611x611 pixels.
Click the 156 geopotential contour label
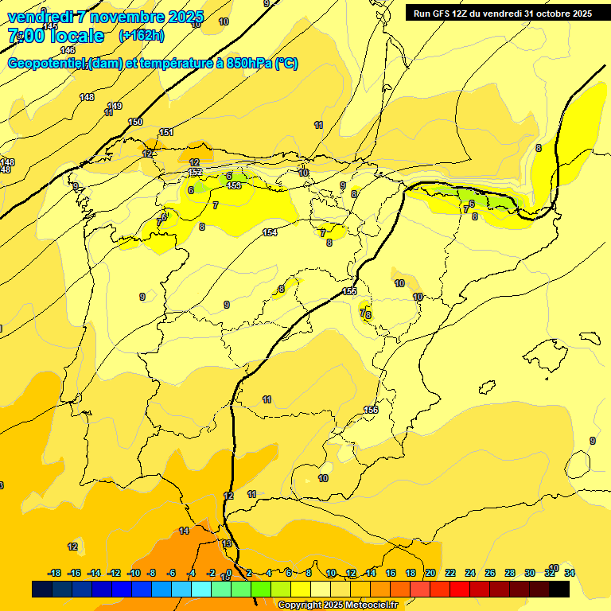coord(371,410)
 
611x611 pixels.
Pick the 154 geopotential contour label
coord(270,232)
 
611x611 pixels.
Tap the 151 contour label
coord(166,132)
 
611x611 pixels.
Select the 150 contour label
coord(135,122)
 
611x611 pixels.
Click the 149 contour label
coord(115,106)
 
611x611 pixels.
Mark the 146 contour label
coord(68,50)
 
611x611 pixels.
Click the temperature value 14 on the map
coord(184,531)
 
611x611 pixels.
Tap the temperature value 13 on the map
coord(227,543)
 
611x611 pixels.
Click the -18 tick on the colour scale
coord(55,573)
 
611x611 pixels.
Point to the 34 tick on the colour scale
coord(569,573)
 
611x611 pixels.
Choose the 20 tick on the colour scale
coord(430,573)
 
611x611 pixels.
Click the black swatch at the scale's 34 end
coord(558,589)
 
